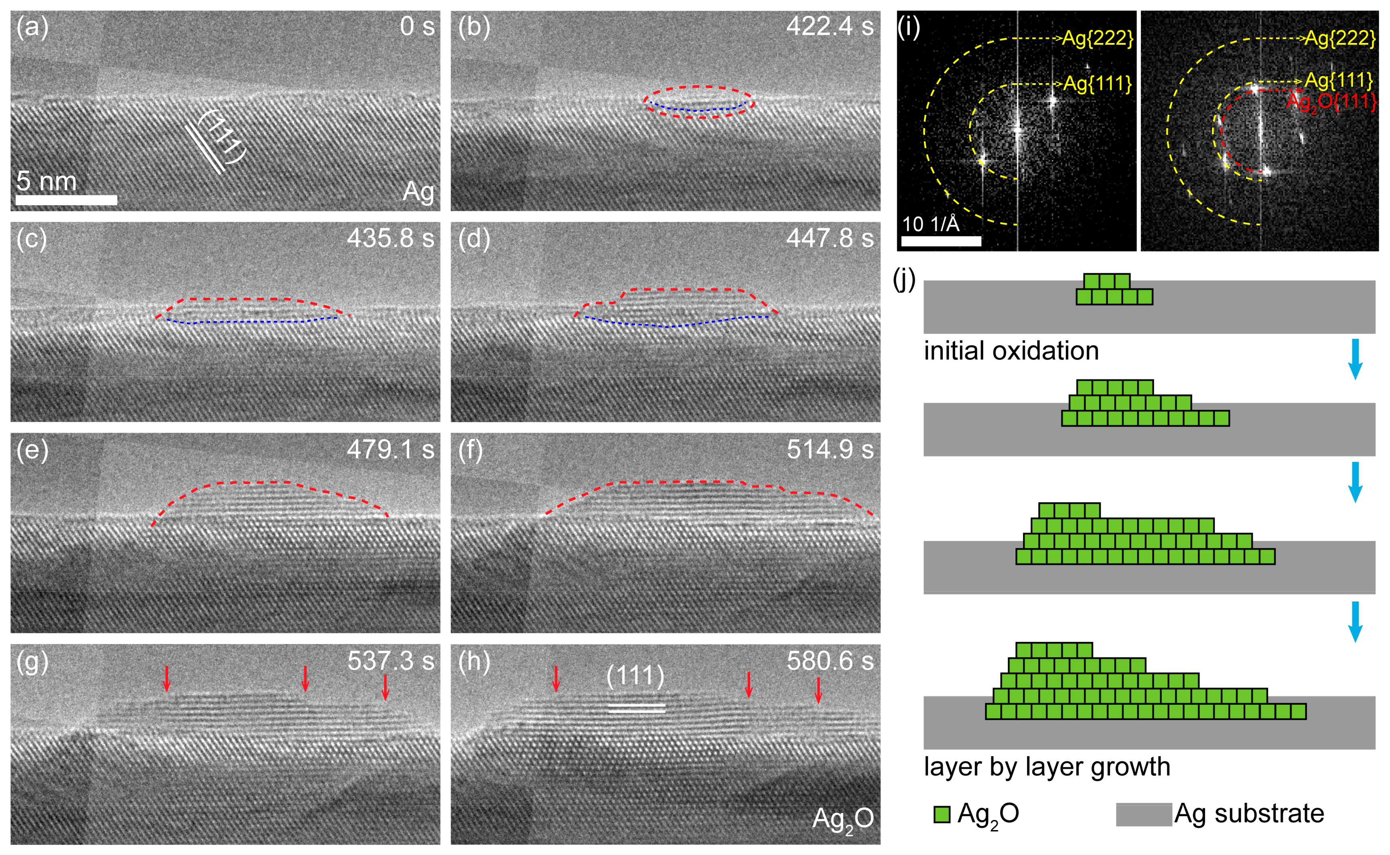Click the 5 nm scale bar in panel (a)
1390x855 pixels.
tap(66, 200)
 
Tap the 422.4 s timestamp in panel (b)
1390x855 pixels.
tap(829, 27)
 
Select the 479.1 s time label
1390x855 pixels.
tap(390, 450)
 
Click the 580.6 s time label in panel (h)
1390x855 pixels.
tap(829, 661)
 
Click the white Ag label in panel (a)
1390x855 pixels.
tap(418, 192)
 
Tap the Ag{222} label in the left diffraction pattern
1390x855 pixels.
tap(1097, 39)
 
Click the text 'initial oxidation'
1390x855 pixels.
tap(1011, 351)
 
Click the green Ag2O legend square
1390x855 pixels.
tap(942, 814)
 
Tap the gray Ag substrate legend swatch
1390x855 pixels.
tap(1143, 814)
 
